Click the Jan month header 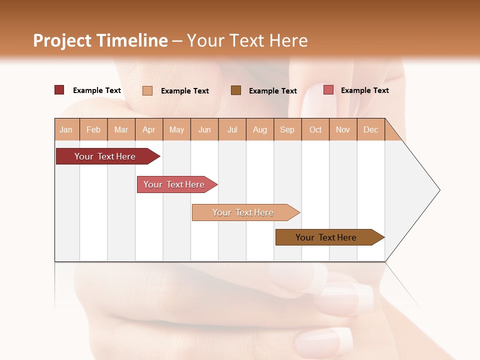coord(66,129)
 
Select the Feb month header coord(93,129)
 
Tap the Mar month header coord(121,129)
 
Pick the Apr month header coord(149,129)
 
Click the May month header coord(176,129)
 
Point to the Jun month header coord(204,129)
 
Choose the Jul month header coord(232,129)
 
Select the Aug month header coord(260,129)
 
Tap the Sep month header coord(287,129)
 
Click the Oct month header coord(315,129)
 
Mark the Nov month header coord(343,129)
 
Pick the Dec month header coord(370,129)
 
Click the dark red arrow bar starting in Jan coord(105,156)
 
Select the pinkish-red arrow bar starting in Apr coord(174,184)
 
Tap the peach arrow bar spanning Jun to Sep coord(243,212)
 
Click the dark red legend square coord(59,90)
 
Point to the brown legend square coord(236,90)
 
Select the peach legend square coord(147,90)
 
